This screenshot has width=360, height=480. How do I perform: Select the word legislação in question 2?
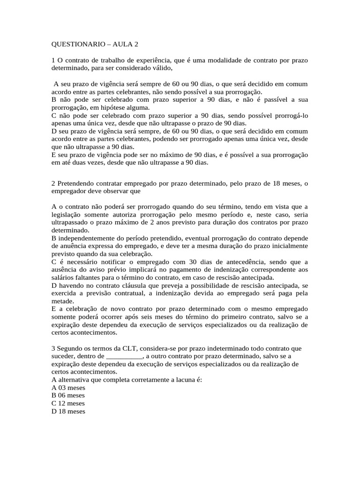tap(67, 215)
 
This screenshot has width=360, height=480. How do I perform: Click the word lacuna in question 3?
tap(184, 380)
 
